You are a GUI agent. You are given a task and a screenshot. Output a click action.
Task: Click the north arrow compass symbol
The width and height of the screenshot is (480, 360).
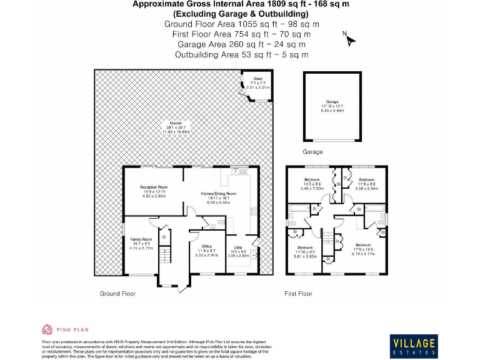point(349,39)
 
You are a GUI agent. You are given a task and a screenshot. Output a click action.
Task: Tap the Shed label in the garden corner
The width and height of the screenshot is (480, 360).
point(257,79)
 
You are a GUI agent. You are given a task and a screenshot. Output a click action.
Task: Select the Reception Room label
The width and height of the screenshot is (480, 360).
point(154,187)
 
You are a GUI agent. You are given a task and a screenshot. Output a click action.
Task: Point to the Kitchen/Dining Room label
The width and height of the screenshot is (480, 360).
point(218,194)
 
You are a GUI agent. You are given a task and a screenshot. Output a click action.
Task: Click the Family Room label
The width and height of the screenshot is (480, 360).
point(141,239)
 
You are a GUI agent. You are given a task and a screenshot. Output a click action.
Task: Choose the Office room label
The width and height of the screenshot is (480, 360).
point(206,246)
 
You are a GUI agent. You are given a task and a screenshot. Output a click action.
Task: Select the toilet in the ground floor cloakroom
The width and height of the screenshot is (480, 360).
point(221,221)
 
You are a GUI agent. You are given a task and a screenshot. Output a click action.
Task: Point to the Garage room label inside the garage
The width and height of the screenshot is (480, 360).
point(331,102)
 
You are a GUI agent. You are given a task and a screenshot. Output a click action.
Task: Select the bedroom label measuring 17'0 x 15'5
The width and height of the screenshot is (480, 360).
point(363,245)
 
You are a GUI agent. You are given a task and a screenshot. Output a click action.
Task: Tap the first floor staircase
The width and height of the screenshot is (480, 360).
point(326,236)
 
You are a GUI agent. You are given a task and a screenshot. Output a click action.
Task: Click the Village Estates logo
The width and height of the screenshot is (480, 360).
point(413,345)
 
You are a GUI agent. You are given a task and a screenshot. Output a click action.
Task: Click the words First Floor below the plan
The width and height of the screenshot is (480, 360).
point(298,293)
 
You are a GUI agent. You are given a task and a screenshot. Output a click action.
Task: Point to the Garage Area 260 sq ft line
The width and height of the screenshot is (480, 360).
point(241,44)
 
